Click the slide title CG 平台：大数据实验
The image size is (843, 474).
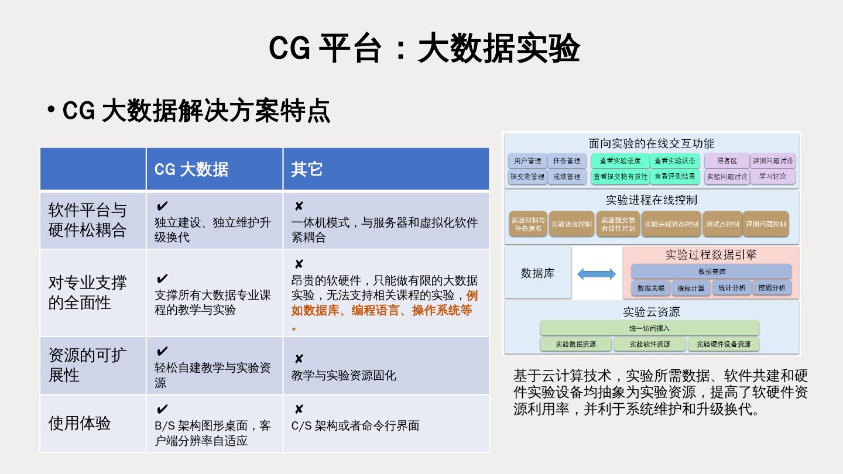[x=424, y=49]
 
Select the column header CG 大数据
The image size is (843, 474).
[x=191, y=169]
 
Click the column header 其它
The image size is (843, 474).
[x=307, y=169]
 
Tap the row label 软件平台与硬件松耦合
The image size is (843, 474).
[x=87, y=220]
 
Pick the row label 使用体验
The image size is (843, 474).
[x=80, y=423]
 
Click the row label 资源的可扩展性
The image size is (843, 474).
[x=87, y=365]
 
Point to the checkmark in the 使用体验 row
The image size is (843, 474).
[x=162, y=409]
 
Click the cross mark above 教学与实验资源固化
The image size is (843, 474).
[x=299, y=359]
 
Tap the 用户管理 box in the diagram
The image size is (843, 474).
[x=527, y=161]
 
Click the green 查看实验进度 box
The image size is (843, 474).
[x=620, y=161]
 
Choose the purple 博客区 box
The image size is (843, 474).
[x=726, y=161]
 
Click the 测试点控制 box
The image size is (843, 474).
[x=722, y=224]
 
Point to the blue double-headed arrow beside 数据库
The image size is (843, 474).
[x=597, y=274]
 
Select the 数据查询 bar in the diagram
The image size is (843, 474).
[x=711, y=272]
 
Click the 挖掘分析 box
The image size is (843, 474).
[x=772, y=288]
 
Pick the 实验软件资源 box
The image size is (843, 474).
[x=649, y=344]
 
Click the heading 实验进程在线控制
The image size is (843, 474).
[x=651, y=200]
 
